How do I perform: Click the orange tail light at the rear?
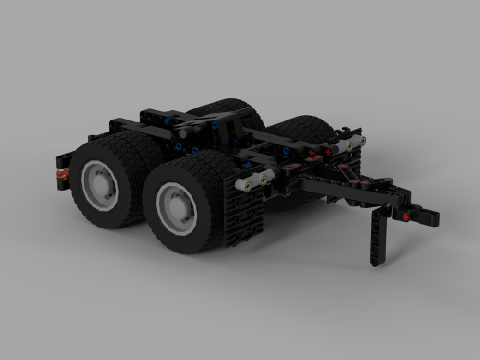tap(62, 173)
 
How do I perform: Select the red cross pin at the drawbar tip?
tap(406, 216)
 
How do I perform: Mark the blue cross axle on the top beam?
tap(166, 121)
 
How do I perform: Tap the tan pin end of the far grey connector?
tap(363, 141)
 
